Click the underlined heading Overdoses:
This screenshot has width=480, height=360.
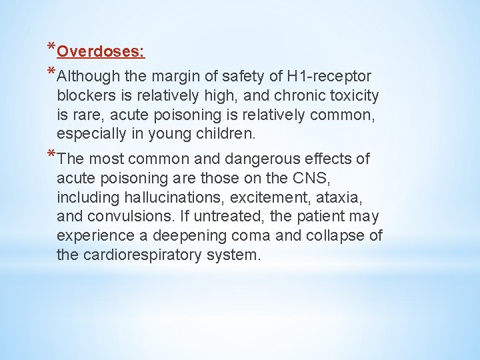click(x=101, y=51)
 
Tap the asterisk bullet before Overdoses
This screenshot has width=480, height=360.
click(x=51, y=48)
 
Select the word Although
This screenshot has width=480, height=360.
click(x=89, y=77)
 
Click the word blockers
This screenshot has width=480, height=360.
click(x=85, y=95)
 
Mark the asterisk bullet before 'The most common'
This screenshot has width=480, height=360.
click(x=51, y=155)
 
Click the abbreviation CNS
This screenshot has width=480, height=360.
click(x=310, y=178)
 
